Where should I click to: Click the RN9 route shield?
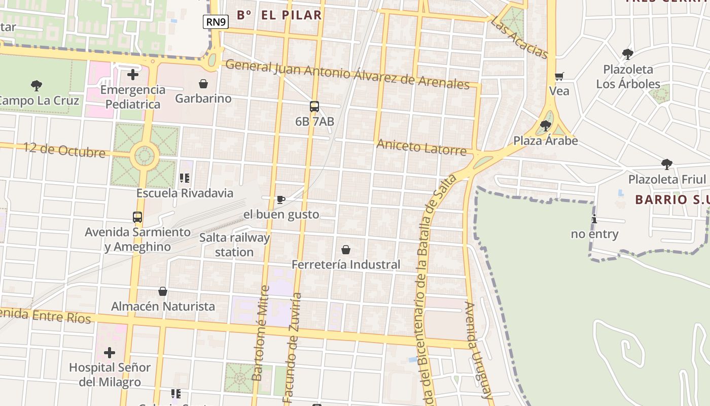216,22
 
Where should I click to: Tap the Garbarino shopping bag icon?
203,84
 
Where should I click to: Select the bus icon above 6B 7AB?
314,107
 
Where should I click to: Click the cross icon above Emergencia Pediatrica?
133,75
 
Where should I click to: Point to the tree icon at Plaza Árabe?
546,125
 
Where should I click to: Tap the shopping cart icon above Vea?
559,77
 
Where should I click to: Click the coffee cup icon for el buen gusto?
281,199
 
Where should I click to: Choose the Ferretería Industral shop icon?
346,250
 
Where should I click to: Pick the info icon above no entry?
594,219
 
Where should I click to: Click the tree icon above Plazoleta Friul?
667,164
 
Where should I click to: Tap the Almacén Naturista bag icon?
163,291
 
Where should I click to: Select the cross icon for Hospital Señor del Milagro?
110,352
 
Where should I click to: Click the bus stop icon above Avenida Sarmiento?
137,217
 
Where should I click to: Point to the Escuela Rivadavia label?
185,193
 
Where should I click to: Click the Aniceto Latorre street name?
421,148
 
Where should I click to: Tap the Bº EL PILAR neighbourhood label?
279,15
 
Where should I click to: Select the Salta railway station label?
234,245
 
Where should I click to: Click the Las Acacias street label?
520,37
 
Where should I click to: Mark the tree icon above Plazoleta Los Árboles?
628,54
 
